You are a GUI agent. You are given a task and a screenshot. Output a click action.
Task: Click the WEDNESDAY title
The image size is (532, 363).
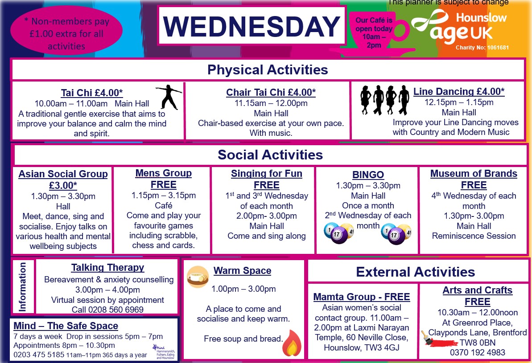point(252,26)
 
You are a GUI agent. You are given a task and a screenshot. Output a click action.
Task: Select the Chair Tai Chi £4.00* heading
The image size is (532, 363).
point(271,93)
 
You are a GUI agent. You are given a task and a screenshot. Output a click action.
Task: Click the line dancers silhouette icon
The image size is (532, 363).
point(384,101)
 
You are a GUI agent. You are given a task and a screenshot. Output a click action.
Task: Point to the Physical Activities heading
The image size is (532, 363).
point(268,70)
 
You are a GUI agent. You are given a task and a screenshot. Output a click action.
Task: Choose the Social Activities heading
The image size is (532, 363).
point(270,155)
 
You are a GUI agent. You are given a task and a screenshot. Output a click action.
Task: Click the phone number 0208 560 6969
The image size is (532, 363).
point(107,310)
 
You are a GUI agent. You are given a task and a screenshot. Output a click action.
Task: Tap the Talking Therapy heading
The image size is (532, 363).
point(107,268)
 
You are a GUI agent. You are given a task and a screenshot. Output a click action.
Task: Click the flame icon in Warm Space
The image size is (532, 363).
point(292,343)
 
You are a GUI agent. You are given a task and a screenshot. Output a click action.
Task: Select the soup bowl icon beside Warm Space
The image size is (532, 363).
point(198,277)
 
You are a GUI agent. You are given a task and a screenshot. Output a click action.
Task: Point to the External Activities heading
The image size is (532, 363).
point(415,272)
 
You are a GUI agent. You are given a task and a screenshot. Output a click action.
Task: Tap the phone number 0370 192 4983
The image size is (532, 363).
point(477,352)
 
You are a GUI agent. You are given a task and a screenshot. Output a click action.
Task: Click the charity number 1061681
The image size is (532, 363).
point(493,48)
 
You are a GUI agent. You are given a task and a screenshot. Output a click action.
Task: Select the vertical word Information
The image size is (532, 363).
point(22,287)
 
